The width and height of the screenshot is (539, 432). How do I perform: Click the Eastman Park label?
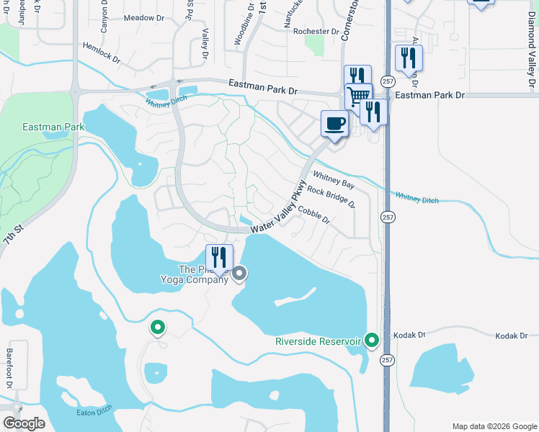[x=53, y=127]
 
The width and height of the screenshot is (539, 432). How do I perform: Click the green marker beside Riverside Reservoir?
[x=372, y=339]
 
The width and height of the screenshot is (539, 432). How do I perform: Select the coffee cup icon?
[x=334, y=123]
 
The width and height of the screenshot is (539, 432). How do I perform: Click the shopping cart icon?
[x=357, y=96]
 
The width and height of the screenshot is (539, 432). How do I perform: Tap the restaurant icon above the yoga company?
[x=219, y=257]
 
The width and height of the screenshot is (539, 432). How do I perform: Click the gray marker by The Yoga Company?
[x=239, y=274]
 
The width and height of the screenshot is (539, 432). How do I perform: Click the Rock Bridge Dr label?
[x=331, y=197]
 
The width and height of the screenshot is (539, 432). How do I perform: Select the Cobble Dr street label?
[x=313, y=214]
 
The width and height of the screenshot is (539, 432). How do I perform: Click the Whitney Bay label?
[x=333, y=180]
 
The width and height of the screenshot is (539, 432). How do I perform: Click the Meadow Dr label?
[x=144, y=17]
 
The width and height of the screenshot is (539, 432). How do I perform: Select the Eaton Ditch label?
[x=93, y=413]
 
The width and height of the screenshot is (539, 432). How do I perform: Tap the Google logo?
[x=24, y=423]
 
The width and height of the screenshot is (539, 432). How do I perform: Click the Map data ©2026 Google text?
[x=494, y=426]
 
